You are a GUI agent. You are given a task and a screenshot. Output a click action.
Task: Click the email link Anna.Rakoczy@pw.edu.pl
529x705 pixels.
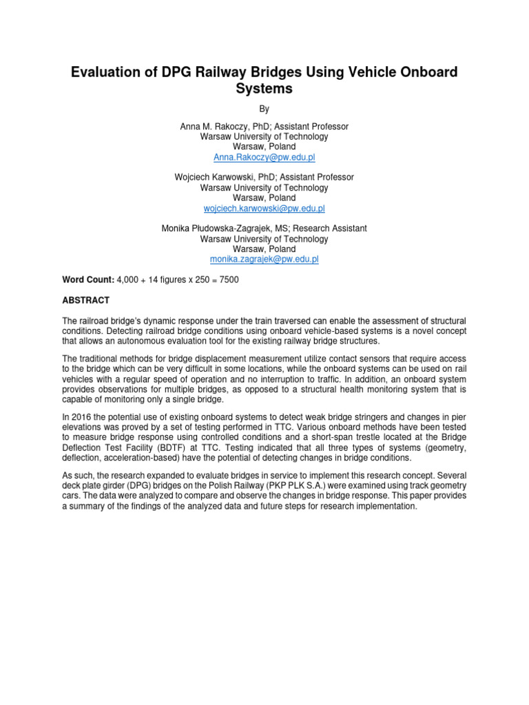[264, 157]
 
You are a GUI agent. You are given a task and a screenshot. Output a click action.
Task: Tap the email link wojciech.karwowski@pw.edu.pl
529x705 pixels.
[264, 208]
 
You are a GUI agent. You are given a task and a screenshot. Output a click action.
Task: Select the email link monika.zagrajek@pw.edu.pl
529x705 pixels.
[264, 260]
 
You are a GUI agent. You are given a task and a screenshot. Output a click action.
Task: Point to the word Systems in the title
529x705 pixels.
[264, 89]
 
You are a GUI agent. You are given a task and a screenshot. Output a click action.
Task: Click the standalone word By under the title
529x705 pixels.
[264, 109]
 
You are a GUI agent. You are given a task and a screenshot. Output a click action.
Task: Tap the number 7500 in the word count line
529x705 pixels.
[228, 280]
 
